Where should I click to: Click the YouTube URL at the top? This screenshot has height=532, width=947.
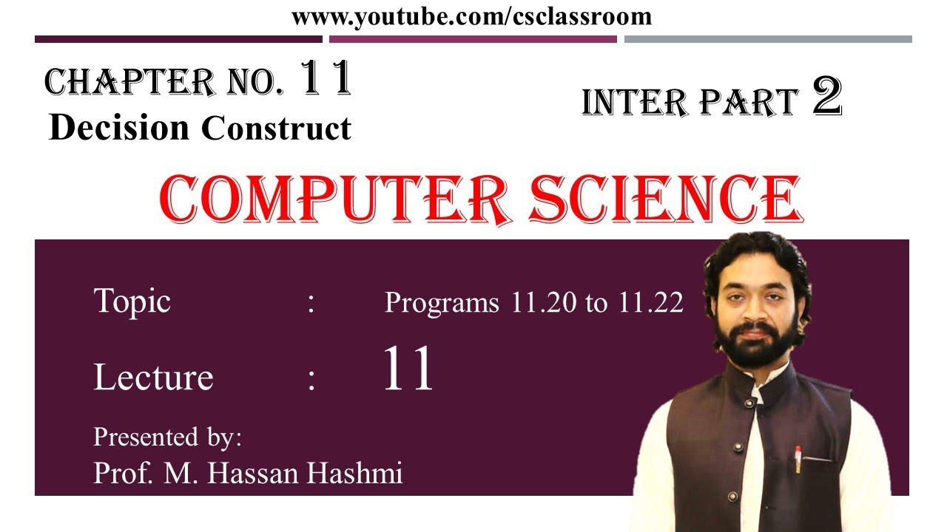472,16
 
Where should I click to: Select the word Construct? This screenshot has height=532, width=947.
276,129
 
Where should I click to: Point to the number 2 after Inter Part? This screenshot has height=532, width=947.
827,98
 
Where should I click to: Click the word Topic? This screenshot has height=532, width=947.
132,301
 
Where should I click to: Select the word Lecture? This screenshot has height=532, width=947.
153,377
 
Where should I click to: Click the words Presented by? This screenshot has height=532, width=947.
167,437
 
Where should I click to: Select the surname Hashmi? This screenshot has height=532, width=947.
360,473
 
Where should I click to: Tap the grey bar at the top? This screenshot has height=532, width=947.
768,39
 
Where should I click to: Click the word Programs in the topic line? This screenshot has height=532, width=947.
442,303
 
